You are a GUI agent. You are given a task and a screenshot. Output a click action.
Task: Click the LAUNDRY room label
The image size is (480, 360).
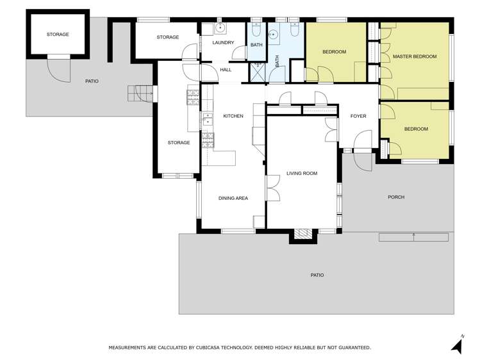coord(223,43)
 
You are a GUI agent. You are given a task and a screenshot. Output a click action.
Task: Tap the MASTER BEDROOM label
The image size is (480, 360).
coord(414,56)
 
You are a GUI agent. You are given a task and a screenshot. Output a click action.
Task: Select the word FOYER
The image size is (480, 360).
coord(358,116)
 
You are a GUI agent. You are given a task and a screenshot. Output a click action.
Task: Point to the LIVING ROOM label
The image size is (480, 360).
coord(301,174)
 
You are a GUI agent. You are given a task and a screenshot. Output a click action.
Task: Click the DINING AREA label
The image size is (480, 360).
coord(233,199)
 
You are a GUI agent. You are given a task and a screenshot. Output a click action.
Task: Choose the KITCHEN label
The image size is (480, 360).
coord(233,116)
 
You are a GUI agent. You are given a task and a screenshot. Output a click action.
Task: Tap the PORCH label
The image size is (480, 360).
coord(396,197)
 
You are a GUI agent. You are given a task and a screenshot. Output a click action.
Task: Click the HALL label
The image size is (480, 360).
coord(226,70)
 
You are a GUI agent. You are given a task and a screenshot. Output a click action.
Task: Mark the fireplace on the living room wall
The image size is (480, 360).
coord(302,234)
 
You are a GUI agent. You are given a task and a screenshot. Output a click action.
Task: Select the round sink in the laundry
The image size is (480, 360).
coord(220,28)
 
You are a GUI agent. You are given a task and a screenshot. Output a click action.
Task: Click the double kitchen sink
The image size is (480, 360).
coord(208,119)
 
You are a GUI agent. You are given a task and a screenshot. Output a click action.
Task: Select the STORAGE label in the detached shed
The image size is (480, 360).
coord(58,35)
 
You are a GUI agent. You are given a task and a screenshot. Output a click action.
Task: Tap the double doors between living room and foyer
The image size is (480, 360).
coord(331,131)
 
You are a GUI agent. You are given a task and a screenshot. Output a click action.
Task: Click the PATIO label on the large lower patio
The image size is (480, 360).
coord(317,275)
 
